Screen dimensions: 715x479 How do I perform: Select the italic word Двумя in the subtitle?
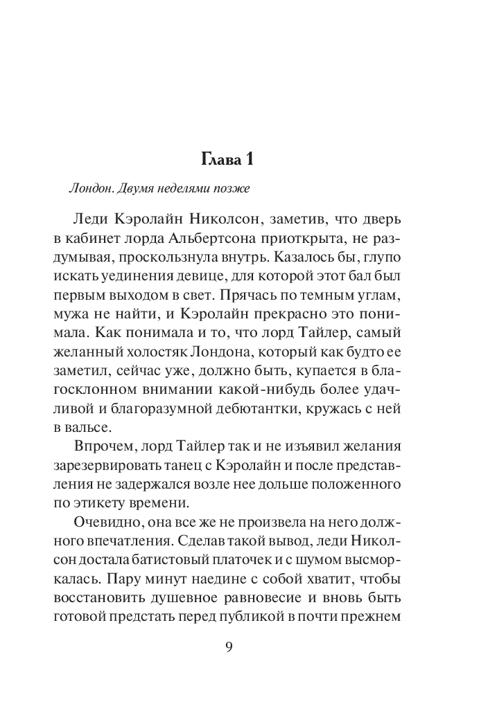(132, 188)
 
